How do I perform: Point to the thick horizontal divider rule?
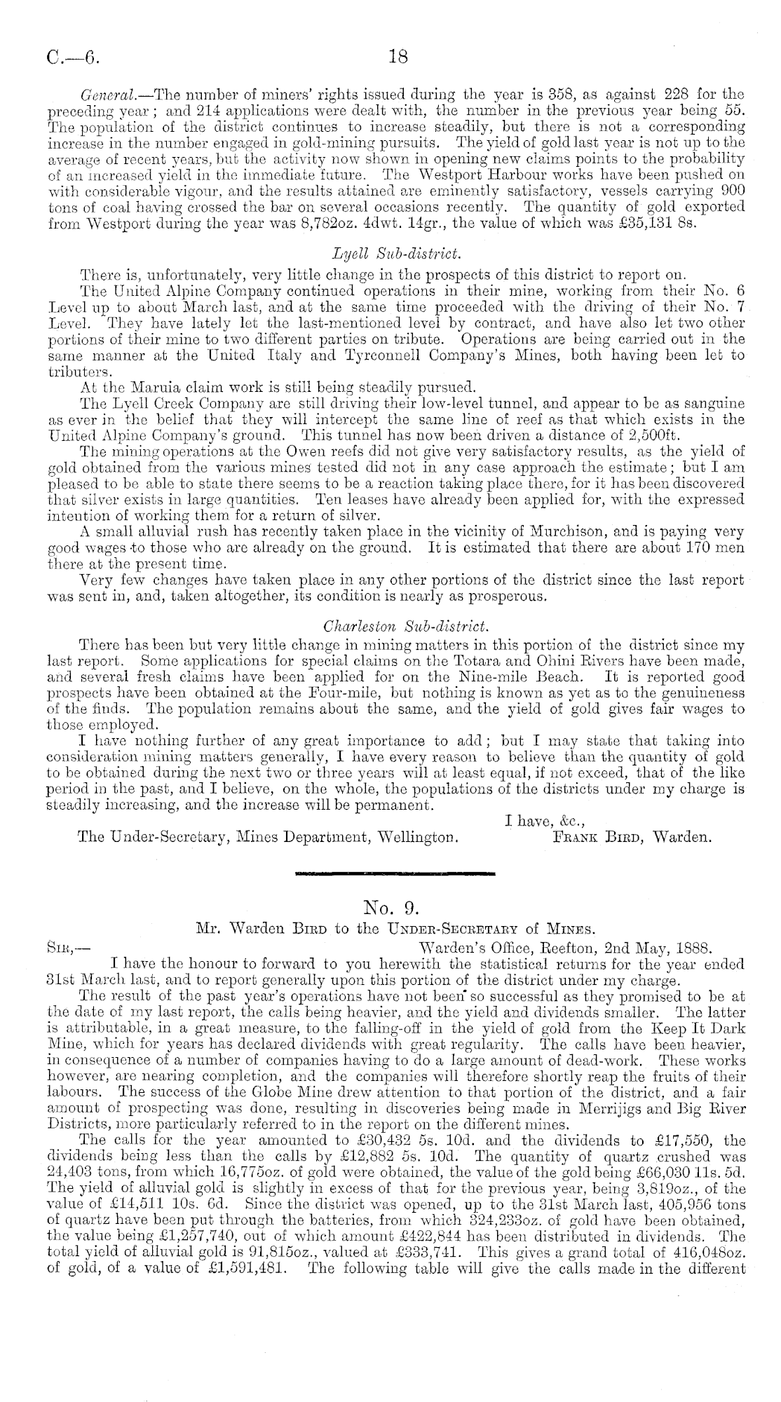coord(395,873)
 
